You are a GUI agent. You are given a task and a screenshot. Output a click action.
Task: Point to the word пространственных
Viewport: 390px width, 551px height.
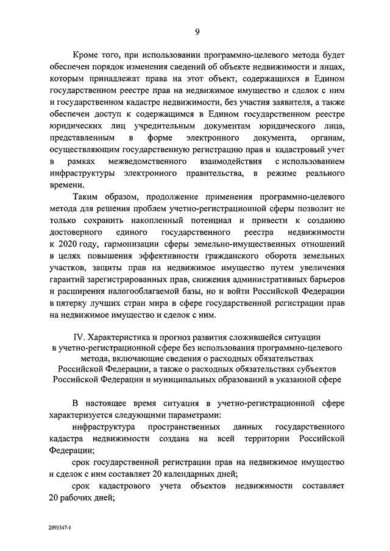click(x=182, y=429)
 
